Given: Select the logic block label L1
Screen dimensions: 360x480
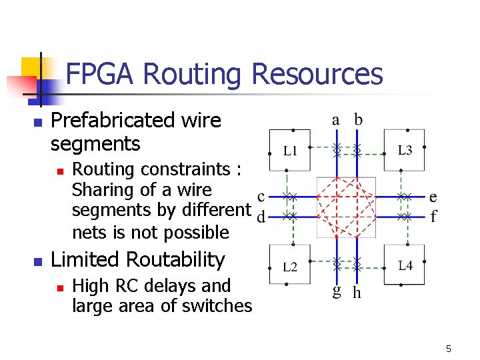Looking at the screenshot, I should [x=290, y=151].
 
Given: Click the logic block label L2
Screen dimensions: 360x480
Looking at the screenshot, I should [x=290, y=267].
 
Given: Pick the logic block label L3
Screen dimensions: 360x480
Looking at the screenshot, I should [x=405, y=151].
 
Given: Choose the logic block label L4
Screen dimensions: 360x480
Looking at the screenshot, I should [x=405, y=267].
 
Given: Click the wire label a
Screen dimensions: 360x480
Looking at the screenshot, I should [x=337, y=120].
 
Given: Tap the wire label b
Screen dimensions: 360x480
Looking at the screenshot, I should [x=358, y=119].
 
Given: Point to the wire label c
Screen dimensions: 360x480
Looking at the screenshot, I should [x=261, y=196].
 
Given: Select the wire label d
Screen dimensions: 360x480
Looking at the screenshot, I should [x=261, y=217].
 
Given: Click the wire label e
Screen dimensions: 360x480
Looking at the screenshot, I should [x=433, y=196].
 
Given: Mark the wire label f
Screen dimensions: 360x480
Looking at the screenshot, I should [x=434, y=216].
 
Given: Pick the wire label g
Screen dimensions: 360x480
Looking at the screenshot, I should [x=337, y=292].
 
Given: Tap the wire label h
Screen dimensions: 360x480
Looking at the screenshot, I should [x=357, y=293].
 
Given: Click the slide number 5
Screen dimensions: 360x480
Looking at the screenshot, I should [x=449, y=349].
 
